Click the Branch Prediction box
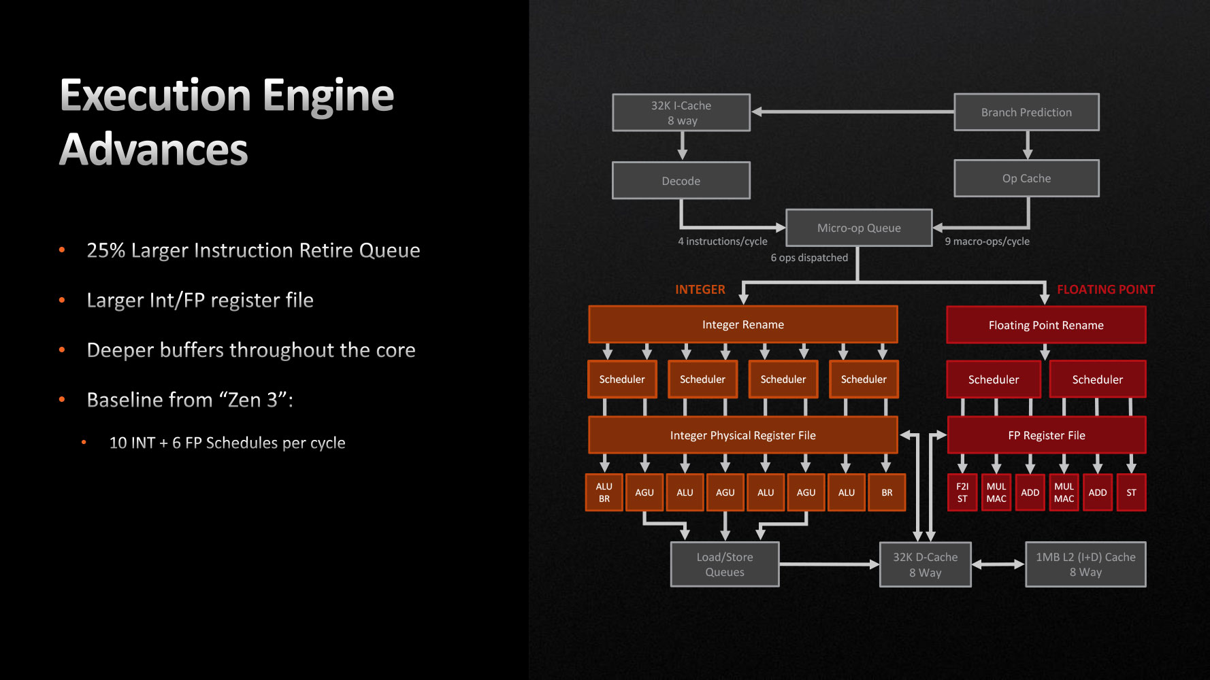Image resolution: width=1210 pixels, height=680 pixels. [1026, 112]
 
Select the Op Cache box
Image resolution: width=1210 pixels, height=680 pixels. [1026, 178]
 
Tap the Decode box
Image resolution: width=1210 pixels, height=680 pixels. [681, 180]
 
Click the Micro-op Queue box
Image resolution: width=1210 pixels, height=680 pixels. [859, 228]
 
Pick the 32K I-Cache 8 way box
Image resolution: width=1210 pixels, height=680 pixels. [681, 112]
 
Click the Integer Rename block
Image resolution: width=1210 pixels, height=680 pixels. [743, 324]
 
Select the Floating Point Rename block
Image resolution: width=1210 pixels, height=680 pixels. [1046, 325]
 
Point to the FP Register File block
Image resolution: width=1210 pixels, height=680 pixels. [1047, 435]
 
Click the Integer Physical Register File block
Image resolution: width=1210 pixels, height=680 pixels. [743, 435]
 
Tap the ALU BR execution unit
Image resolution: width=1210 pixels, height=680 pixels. [604, 492]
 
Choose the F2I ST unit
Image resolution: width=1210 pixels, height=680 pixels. [962, 492]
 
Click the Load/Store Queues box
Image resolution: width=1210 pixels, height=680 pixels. [725, 564]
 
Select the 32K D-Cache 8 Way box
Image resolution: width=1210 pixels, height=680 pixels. [926, 564]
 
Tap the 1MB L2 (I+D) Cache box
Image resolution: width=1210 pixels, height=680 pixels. [1085, 564]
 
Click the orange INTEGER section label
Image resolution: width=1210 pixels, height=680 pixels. [700, 290]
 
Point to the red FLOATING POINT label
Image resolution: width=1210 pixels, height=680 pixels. [1106, 290]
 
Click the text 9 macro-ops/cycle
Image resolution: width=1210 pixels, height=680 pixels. [987, 241]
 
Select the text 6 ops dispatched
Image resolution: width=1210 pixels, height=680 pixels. [809, 258]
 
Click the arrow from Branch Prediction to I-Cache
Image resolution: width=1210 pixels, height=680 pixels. [853, 112]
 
